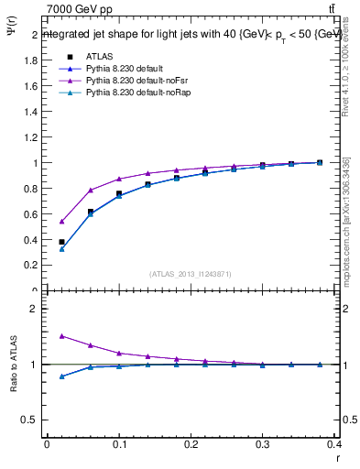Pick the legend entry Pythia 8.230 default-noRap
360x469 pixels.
click(134, 94)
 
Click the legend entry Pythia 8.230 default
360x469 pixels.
click(123, 69)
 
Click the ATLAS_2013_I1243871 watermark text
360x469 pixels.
click(191, 274)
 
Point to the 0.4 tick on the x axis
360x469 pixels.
click(334, 446)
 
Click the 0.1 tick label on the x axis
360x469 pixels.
click(119, 446)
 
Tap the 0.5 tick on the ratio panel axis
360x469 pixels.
click(30, 420)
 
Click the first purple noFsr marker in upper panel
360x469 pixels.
click(61, 221)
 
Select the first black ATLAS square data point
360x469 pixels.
click(61, 242)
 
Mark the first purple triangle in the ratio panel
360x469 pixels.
click(61, 336)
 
